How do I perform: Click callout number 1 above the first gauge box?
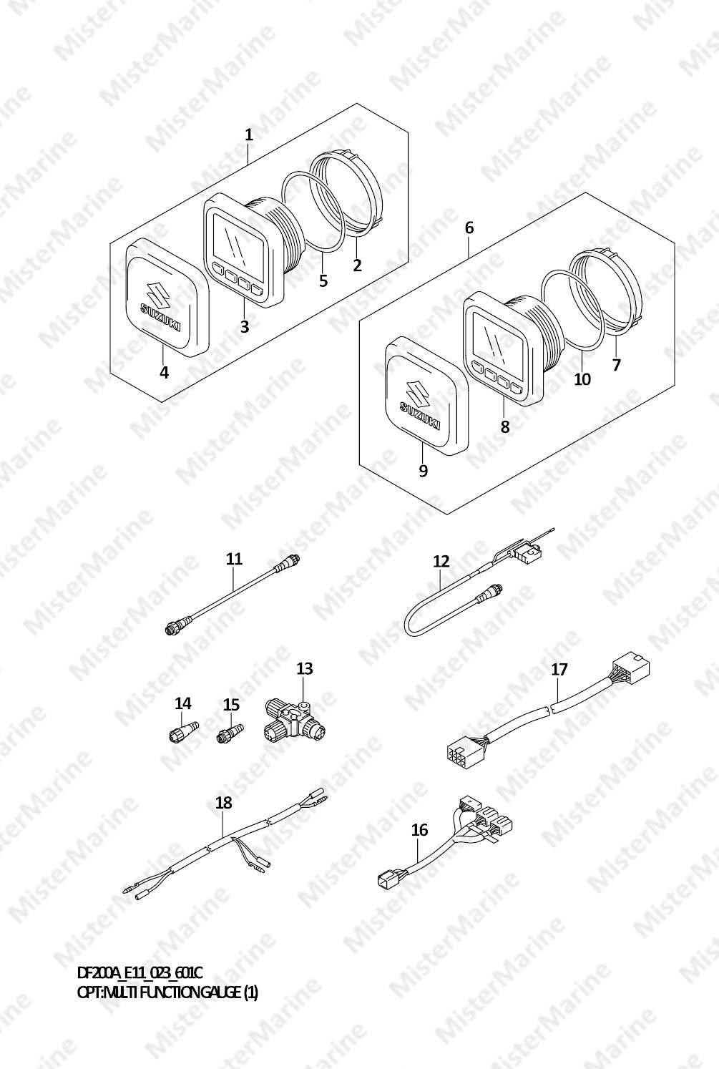[x=248, y=135]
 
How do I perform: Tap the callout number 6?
[x=469, y=228]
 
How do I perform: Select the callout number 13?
[x=305, y=668]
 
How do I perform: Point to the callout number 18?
[x=223, y=803]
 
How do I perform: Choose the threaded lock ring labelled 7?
[x=607, y=291]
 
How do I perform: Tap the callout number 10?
[x=582, y=379]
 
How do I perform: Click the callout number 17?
[x=559, y=670]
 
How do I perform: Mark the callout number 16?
[x=419, y=830]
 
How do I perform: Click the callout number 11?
[x=234, y=558]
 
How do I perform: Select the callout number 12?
[x=441, y=561]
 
